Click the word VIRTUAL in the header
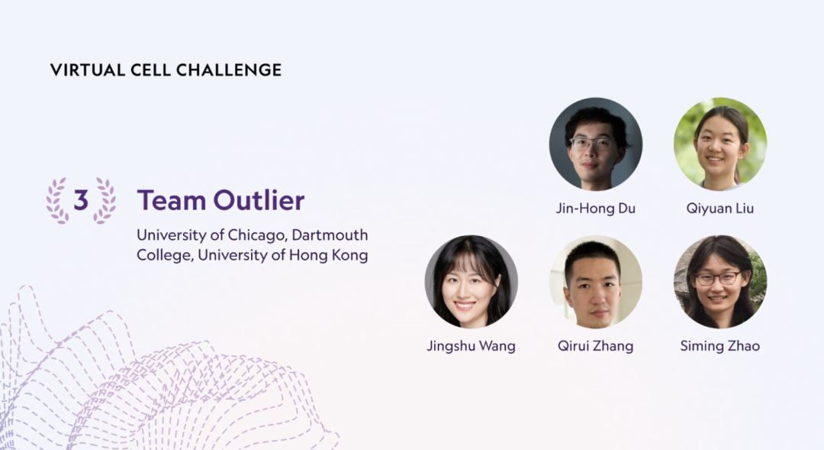coord(88,70)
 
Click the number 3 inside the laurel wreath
coord(80,200)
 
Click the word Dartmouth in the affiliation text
coord(330,235)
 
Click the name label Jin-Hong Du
coord(595,209)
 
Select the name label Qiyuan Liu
coord(720,209)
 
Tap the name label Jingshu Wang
coord(471,346)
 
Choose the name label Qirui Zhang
coord(595,346)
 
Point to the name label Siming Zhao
coord(720,346)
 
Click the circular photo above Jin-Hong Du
coord(595,144)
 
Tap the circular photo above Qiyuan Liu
coord(720,144)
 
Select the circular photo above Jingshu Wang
coord(471,282)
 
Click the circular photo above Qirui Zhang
coord(595,282)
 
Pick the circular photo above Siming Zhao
coord(720,282)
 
